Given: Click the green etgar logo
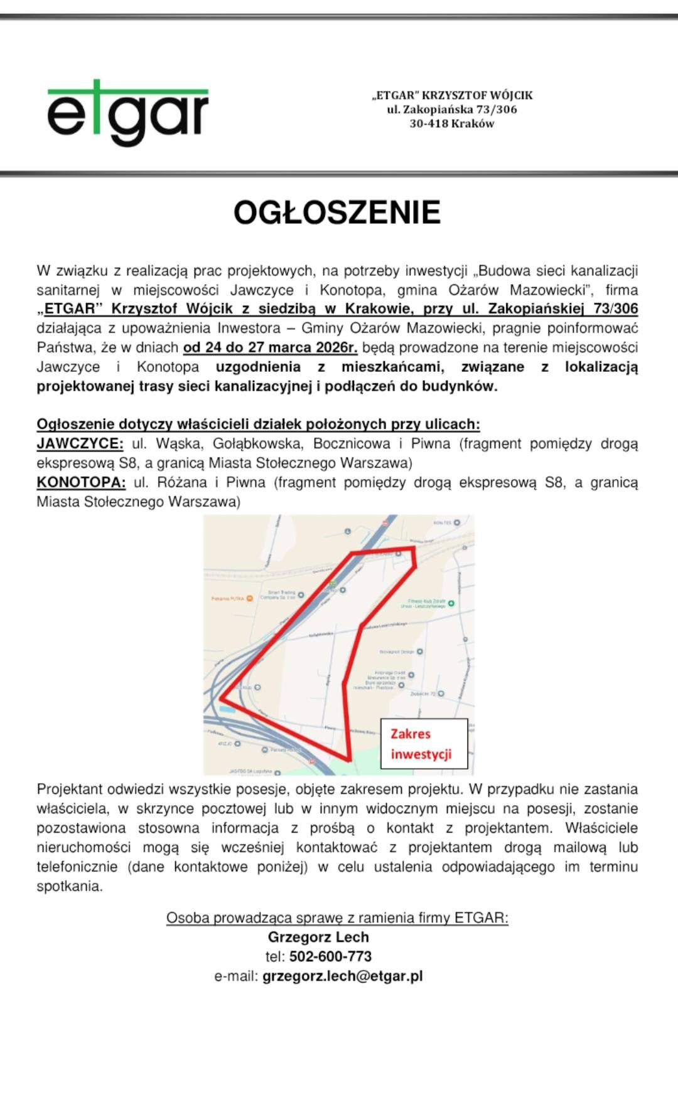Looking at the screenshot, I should coord(127,113).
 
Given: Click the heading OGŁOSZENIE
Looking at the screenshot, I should coord(337,213).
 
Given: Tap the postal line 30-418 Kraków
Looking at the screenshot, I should coord(452,124).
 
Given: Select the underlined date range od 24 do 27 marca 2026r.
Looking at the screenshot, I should coord(270,347).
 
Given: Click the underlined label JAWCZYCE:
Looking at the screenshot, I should coord(80,444).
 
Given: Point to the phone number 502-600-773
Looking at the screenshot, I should coord(330,956).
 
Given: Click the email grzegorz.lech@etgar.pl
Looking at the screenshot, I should coord(342,976).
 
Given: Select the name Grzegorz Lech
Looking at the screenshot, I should coord(318,937).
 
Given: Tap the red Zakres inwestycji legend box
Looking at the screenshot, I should coord(424,744).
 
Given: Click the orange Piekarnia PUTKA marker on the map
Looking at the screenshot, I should coord(250,598).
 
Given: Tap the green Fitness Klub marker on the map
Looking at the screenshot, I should coord(451,603).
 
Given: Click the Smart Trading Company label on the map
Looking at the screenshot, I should coord(281,594).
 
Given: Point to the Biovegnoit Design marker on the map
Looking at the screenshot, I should coord(419,652).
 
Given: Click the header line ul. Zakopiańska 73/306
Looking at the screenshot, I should coord(452,109).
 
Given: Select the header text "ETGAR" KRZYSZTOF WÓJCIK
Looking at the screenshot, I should coord(452,95).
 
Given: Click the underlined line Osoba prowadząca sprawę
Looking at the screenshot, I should coord(337,918).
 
